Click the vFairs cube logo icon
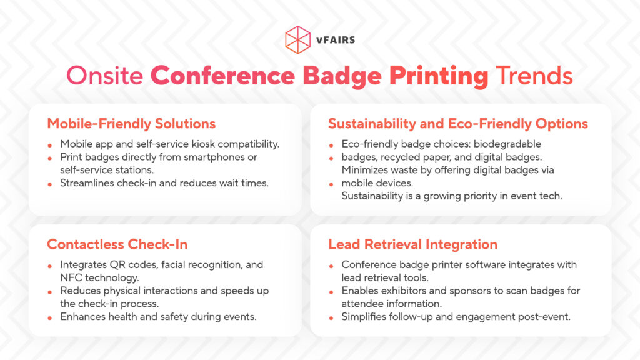click(297, 39)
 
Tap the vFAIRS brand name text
click(336, 39)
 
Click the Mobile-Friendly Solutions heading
click(131, 123)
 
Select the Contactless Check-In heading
click(117, 244)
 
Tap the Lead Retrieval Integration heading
click(412, 244)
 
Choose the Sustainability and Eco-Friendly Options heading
click(458, 123)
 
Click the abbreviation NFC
click(72, 277)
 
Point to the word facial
click(176, 264)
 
